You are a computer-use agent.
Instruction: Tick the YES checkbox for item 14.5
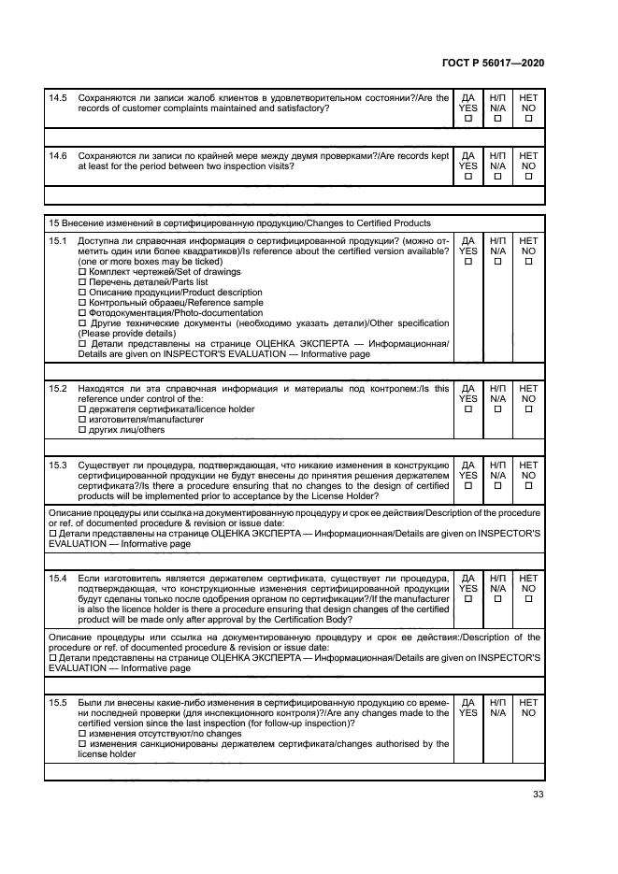pyautogui.click(x=468, y=119)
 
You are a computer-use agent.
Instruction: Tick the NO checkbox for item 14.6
pyautogui.click(x=528, y=176)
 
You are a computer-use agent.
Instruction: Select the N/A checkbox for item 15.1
pyautogui.click(x=497, y=261)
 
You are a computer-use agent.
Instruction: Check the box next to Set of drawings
pyautogui.click(x=82, y=272)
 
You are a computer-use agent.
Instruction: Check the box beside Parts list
pyautogui.click(x=82, y=282)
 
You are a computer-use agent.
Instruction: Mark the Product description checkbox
pyautogui.click(x=82, y=293)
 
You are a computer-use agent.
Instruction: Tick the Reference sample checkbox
pyautogui.click(x=82, y=303)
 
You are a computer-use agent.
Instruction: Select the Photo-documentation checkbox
pyautogui.click(x=82, y=313)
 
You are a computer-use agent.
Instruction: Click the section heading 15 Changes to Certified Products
pyautogui.click(x=239, y=223)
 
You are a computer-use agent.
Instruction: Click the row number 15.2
pyautogui.click(x=58, y=388)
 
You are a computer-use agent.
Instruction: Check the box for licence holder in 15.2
pyautogui.click(x=82, y=409)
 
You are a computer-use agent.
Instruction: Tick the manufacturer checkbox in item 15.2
pyautogui.click(x=82, y=420)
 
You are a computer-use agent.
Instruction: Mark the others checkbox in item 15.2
pyautogui.click(x=82, y=430)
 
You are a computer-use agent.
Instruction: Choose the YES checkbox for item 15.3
pyautogui.click(x=468, y=485)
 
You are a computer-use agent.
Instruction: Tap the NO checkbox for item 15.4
pyautogui.click(x=528, y=599)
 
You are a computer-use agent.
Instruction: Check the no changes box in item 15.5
pyautogui.click(x=82, y=734)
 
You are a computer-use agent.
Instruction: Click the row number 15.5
pyautogui.click(x=58, y=702)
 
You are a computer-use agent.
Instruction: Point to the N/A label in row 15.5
pyautogui.click(x=497, y=712)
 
